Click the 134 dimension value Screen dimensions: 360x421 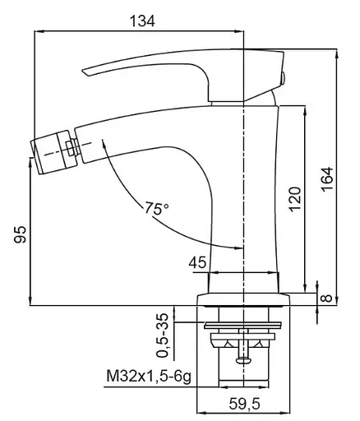[x=142, y=21]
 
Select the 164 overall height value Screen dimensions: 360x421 [x=327, y=178]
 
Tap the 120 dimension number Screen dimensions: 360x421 [x=295, y=199]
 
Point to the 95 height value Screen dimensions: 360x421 [x=20, y=234]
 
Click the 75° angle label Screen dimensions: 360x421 [x=157, y=208]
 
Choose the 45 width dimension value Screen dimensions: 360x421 [x=197, y=263]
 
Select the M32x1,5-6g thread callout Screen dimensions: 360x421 [x=149, y=377]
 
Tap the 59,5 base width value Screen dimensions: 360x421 [x=244, y=404]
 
